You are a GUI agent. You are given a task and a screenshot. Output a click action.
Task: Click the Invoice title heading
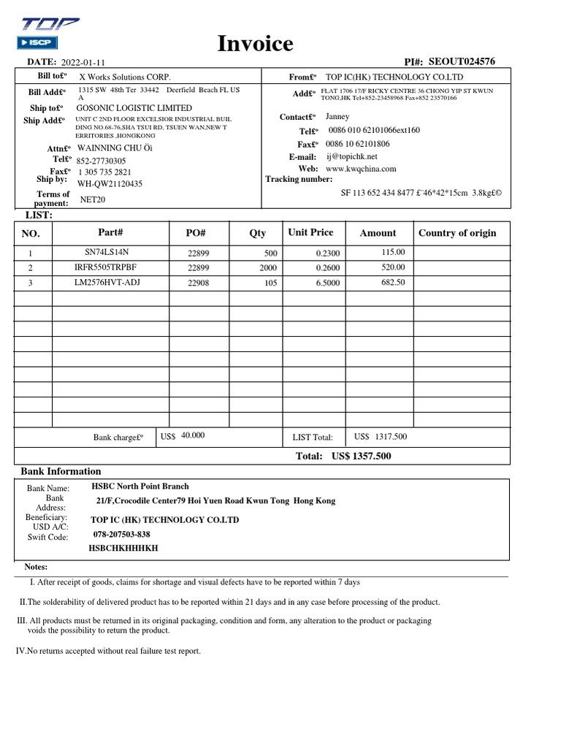(256, 45)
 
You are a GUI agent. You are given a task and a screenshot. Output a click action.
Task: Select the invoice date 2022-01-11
(83, 64)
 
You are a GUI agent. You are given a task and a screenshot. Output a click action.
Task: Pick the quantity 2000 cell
(268, 267)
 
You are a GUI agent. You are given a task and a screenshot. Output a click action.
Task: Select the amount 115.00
(393, 252)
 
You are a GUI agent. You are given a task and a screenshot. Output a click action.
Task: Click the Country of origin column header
(457, 233)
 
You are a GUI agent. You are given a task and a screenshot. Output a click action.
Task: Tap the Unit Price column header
(310, 232)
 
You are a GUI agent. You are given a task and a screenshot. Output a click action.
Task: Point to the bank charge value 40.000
(193, 435)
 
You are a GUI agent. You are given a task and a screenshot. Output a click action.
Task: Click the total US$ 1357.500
(361, 456)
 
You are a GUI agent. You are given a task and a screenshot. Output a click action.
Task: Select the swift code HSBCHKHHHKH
(123, 548)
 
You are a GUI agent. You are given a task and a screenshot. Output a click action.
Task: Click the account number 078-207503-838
(122, 534)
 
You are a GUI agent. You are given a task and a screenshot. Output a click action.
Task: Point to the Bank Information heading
(61, 471)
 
